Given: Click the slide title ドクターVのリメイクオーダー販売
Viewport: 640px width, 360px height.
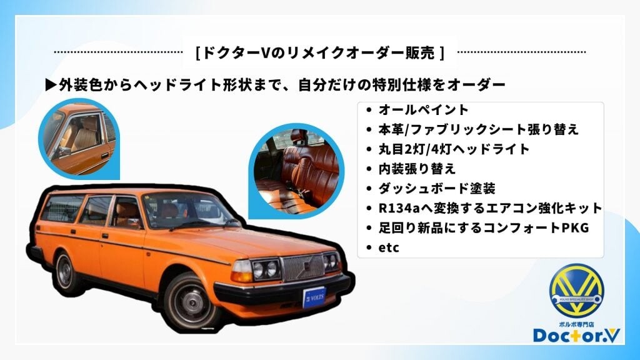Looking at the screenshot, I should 320,53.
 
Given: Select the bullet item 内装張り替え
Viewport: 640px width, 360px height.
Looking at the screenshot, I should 417,168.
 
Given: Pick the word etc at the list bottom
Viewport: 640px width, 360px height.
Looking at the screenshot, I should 389,247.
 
